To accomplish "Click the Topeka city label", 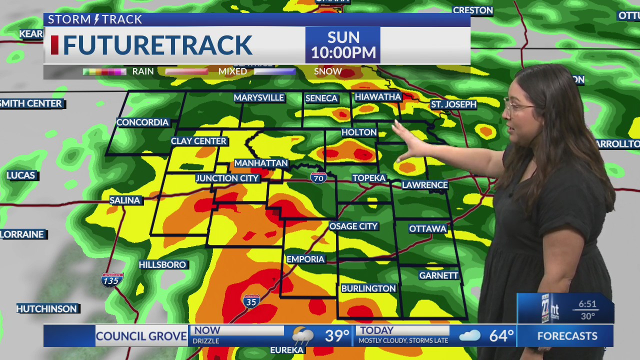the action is pyautogui.click(x=369, y=178).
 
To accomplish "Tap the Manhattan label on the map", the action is pyautogui.click(x=261, y=163).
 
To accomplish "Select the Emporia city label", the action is pyautogui.click(x=305, y=259).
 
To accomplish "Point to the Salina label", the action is pyautogui.click(x=125, y=200).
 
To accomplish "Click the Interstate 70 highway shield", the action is pyautogui.click(x=318, y=177).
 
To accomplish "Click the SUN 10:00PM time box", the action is pyautogui.click(x=343, y=45).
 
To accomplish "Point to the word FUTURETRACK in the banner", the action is pyautogui.click(x=157, y=45).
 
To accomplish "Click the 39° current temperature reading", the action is pyautogui.click(x=337, y=336).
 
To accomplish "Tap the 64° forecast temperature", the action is pyautogui.click(x=501, y=336).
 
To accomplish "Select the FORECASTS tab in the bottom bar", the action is pyautogui.click(x=567, y=336).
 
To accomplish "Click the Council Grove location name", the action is pyautogui.click(x=141, y=336).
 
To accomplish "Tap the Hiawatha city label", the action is pyautogui.click(x=377, y=96).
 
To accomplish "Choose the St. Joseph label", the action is pyautogui.click(x=453, y=104).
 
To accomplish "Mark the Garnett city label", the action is pyautogui.click(x=438, y=275).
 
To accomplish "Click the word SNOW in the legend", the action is pyautogui.click(x=327, y=71).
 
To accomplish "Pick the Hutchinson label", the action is pyautogui.click(x=46, y=309).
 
